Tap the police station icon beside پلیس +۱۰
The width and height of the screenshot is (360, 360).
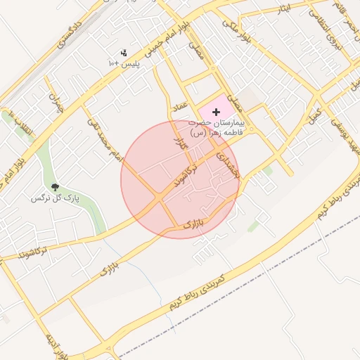pyautogui.click(x=124, y=53)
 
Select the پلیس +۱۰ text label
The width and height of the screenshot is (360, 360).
pyautogui.click(x=124, y=63)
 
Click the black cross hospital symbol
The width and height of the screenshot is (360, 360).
pyautogui.click(x=216, y=112)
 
